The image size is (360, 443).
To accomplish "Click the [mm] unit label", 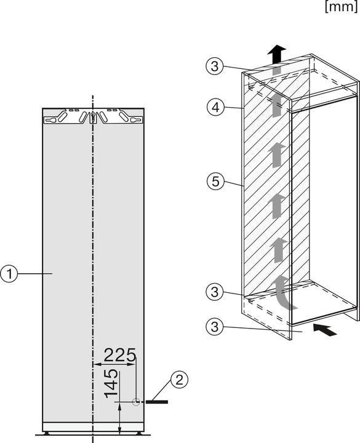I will (340, 7).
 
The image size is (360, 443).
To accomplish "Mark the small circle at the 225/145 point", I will (136, 402).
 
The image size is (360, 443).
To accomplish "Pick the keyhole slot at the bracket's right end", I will (122, 115).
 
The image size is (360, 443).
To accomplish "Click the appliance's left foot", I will (49, 433).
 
